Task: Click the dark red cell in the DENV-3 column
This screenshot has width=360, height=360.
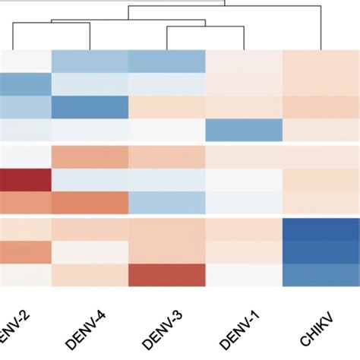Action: click(x=167, y=275)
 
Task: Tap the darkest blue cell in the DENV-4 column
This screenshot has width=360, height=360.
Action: click(x=90, y=108)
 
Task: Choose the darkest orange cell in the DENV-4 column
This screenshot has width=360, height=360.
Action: click(x=90, y=203)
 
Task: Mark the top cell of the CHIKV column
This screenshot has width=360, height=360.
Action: click(x=321, y=61)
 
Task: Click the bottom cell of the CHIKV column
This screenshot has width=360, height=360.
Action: click(x=321, y=275)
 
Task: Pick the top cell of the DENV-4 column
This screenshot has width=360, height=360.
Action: click(x=90, y=61)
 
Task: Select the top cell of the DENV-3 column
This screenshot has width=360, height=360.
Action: click(x=167, y=61)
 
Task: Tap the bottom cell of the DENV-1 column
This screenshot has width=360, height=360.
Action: click(x=244, y=275)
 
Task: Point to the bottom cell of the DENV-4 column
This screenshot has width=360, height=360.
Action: click(x=90, y=275)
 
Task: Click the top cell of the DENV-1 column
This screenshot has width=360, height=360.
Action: click(x=244, y=61)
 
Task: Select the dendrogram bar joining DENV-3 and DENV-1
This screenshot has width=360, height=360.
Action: click(x=206, y=27)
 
